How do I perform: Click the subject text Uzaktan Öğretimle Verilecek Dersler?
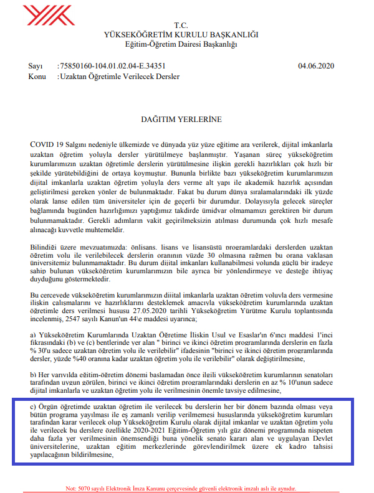pyautogui.click(x=120, y=77)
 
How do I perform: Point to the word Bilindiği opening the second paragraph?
pyautogui.click(x=46, y=248)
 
